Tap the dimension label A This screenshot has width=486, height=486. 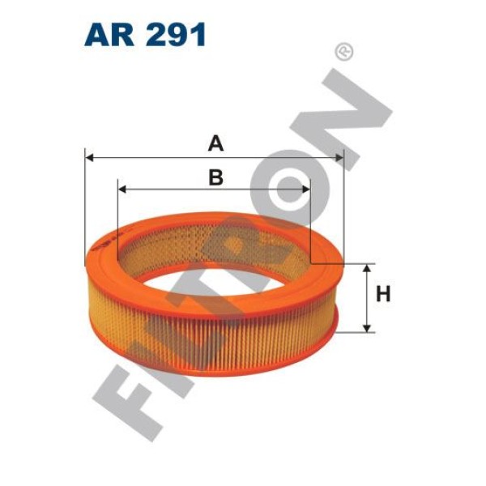(x=215, y=143)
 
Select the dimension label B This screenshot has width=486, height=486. (x=215, y=177)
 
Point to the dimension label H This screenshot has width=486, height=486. (x=383, y=295)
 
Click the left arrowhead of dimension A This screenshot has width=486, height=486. (x=90, y=157)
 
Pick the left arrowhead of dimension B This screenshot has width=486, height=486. (x=124, y=190)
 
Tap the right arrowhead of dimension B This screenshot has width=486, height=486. (x=305, y=190)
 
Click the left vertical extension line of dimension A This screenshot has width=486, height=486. (x=84, y=211)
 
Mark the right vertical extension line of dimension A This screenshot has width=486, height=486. (x=343, y=211)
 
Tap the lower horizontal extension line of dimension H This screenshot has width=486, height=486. (x=356, y=332)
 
